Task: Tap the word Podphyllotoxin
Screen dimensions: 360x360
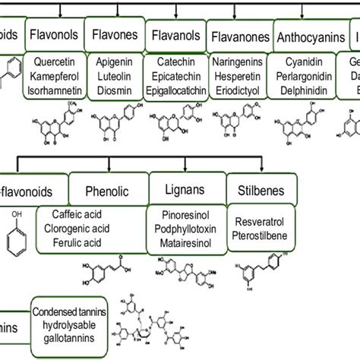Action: point(187,229)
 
